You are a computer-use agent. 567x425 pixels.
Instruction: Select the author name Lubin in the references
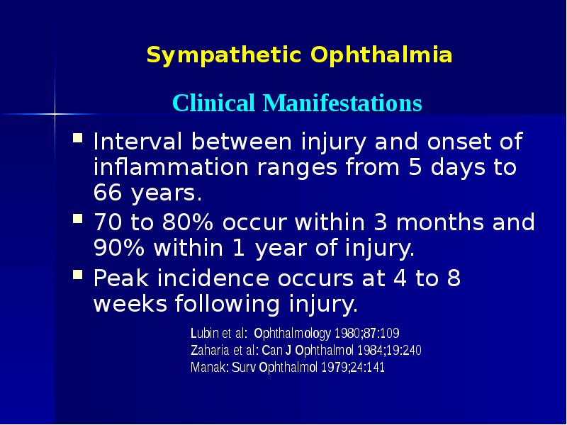pos(204,332)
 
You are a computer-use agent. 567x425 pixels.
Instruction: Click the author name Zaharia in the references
pos(210,350)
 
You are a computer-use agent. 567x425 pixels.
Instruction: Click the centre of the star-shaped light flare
pos(55,112)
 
